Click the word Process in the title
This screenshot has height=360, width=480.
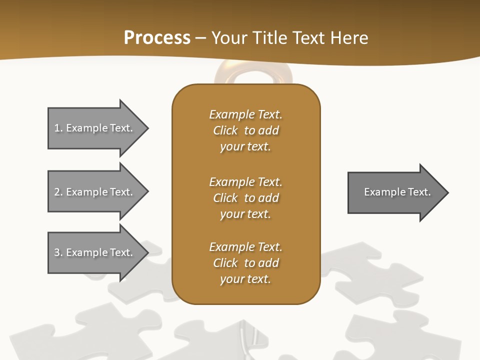(157, 38)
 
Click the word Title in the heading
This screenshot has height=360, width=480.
(268, 38)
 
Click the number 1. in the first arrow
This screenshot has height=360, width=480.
(58, 128)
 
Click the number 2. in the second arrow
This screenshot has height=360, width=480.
(58, 192)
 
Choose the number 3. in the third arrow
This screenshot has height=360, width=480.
(58, 252)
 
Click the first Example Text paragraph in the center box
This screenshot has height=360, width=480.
(245, 130)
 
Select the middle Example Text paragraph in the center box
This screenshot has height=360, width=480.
(245, 198)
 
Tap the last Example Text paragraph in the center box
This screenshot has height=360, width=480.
(245, 263)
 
